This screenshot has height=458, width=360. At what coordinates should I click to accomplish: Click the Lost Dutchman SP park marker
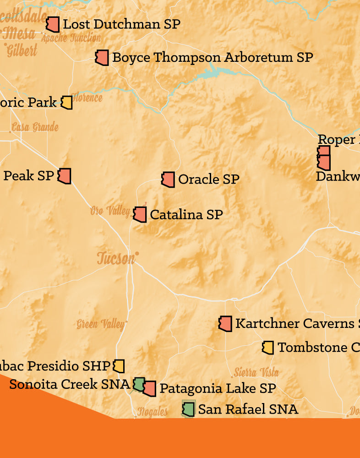[53, 24]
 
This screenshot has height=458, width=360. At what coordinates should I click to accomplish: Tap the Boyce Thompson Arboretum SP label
[213, 58]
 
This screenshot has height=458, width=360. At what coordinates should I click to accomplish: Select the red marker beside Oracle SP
[168, 180]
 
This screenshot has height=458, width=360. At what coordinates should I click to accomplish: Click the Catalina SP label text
[186, 214]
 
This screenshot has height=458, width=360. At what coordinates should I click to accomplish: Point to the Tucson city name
[116, 258]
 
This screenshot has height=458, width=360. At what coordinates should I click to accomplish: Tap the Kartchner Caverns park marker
[225, 323]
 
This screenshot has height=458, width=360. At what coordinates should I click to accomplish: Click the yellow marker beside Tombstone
[268, 348]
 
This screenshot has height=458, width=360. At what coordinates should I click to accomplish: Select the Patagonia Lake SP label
[218, 388]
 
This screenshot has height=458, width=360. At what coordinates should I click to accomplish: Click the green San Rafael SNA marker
[188, 409]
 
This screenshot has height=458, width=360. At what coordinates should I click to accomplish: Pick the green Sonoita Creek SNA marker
[139, 384]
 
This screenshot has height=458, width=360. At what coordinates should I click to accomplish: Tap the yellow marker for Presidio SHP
[119, 366]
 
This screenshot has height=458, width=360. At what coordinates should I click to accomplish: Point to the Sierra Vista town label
[256, 372]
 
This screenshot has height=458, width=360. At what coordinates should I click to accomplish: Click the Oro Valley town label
[110, 211]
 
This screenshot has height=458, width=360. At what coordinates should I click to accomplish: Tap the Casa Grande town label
[35, 127]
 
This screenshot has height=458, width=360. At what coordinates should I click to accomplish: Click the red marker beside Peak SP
[65, 176]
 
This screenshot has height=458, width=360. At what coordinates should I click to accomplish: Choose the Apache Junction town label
[71, 38]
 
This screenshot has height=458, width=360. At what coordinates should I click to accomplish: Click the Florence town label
[87, 98]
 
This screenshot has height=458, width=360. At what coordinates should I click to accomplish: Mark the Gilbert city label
[22, 50]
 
